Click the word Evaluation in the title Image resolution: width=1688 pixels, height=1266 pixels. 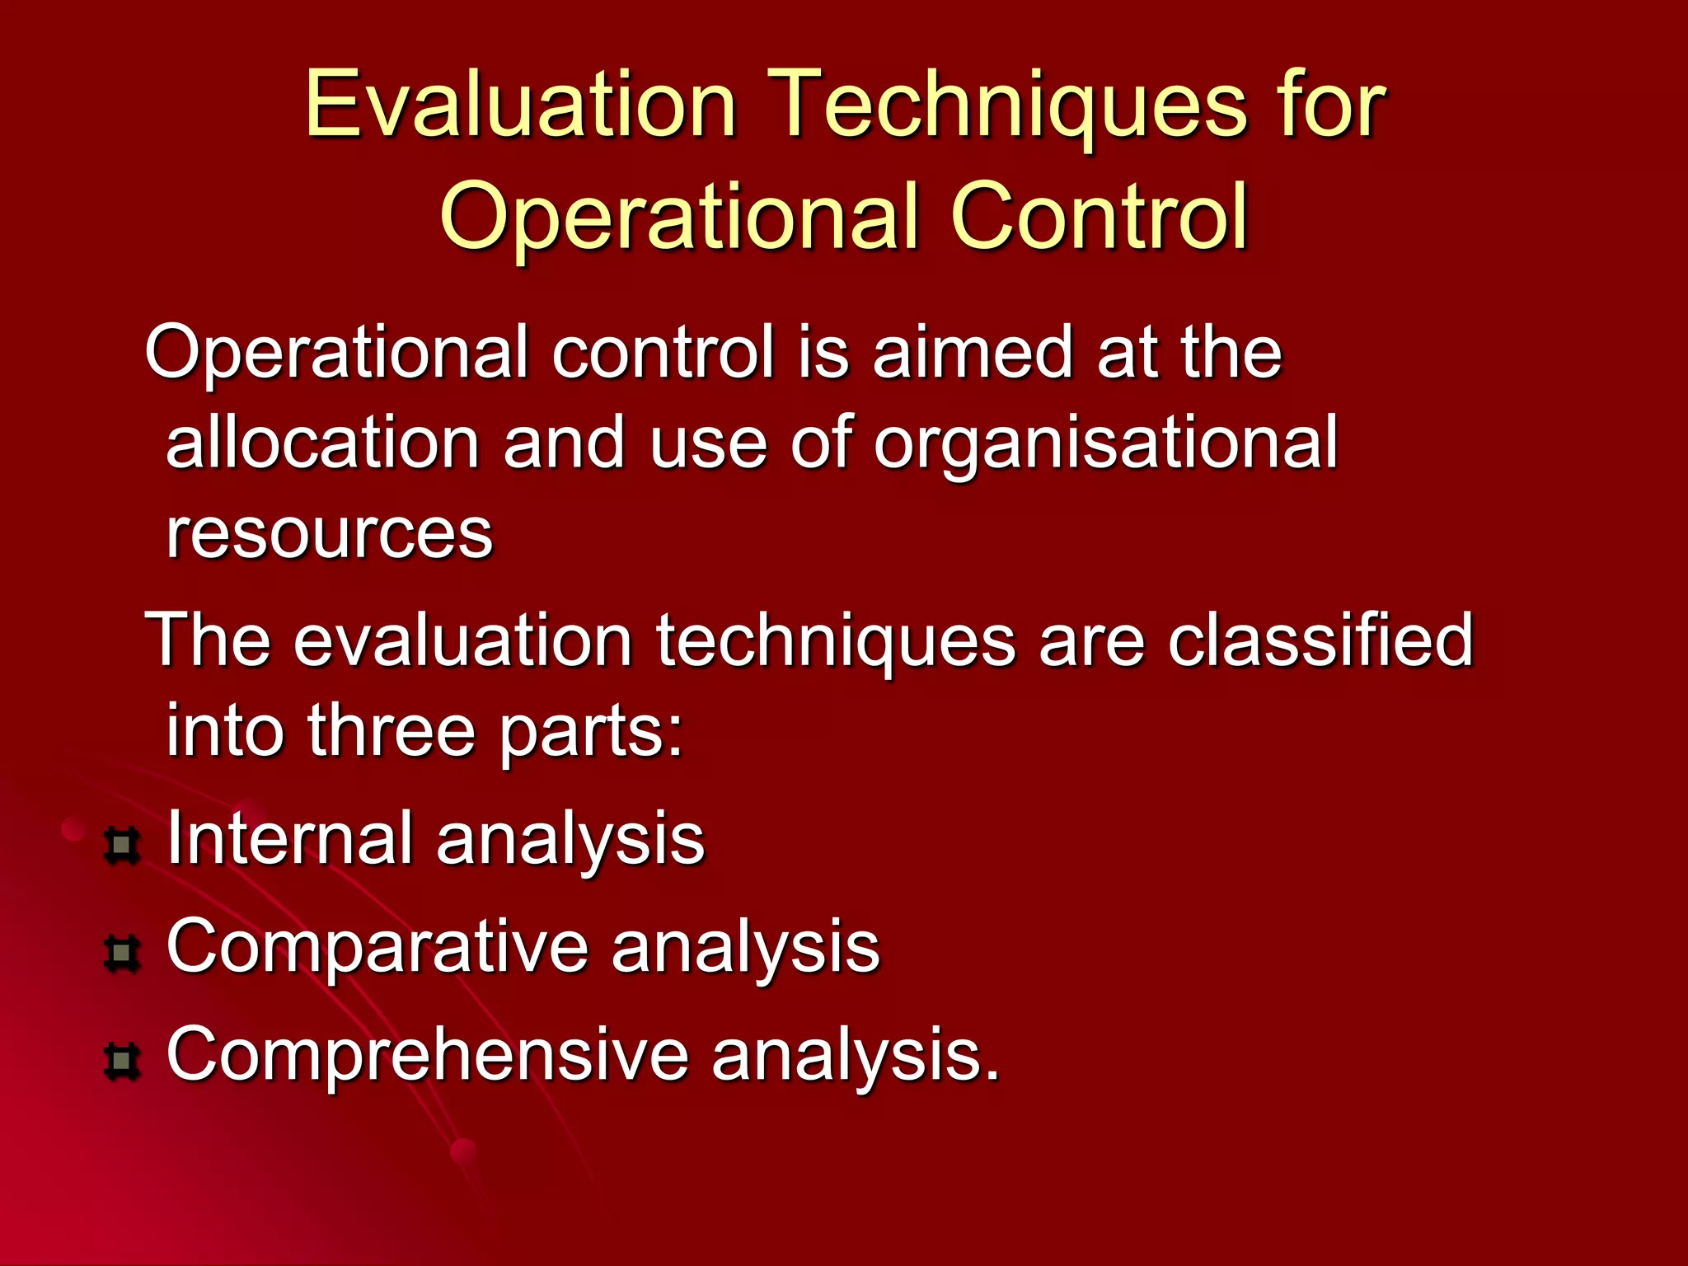(x=520, y=105)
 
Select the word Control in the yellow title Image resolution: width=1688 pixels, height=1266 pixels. (x=1100, y=216)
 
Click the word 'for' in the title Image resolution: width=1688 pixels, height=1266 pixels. (x=1332, y=105)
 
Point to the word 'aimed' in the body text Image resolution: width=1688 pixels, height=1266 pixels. (x=973, y=353)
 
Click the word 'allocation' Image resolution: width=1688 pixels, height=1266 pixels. (x=322, y=443)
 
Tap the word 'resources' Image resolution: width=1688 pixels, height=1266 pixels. (x=329, y=534)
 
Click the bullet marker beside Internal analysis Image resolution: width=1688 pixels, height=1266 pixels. (x=122, y=846)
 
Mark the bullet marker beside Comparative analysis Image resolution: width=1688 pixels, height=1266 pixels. (x=122, y=954)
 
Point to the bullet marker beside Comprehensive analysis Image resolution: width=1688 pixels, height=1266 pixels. (x=122, y=1061)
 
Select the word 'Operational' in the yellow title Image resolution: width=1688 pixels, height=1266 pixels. (x=680, y=216)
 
